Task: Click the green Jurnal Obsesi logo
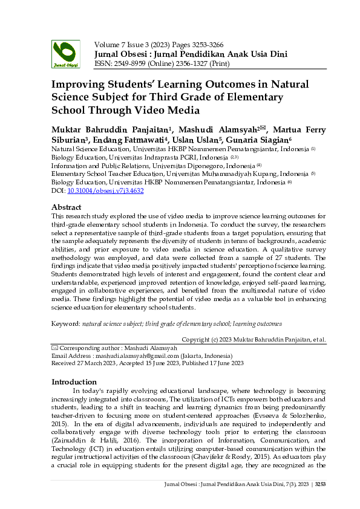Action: tap(65, 53)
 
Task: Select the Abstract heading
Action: tap(67, 207)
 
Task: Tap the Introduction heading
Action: tap(74, 382)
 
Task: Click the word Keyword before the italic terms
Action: tap(65, 324)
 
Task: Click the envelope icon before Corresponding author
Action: tap(54, 348)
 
